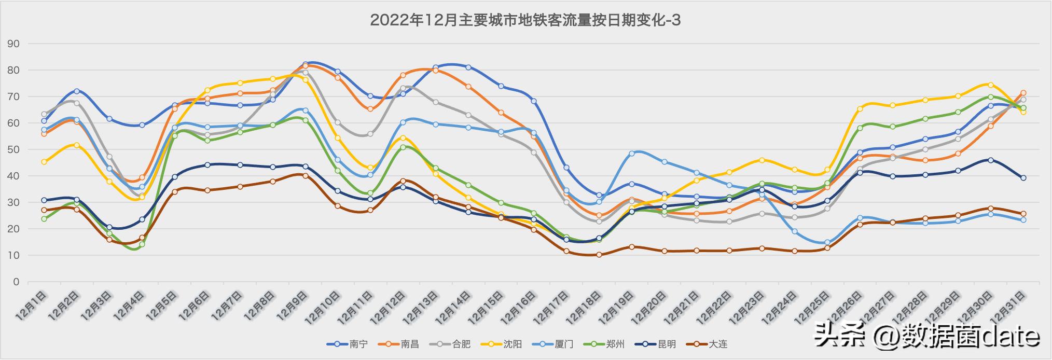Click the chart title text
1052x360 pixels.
click(x=525, y=20)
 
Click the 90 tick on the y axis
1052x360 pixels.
click(x=13, y=44)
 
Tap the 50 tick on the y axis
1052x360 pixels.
click(x=13, y=150)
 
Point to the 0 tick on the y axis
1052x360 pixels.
click(x=17, y=282)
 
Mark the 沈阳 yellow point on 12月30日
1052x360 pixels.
click(x=990, y=85)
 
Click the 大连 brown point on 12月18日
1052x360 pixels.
click(x=599, y=255)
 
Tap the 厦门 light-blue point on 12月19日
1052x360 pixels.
click(x=632, y=154)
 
